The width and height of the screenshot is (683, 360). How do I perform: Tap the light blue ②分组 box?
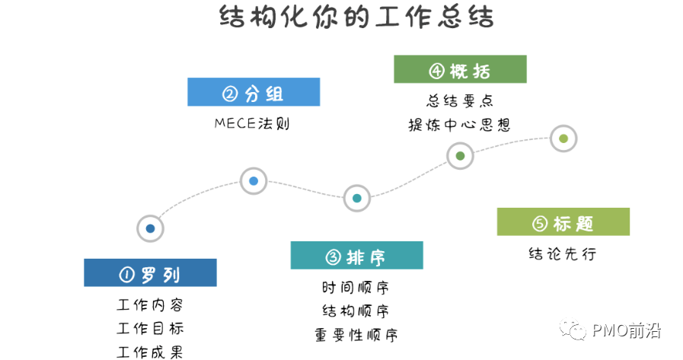click(x=254, y=93)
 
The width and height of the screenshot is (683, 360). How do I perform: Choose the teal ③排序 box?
click(x=356, y=256)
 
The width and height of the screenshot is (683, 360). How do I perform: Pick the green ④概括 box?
click(x=460, y=70)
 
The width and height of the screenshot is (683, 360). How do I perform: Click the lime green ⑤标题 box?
click(x=563, y=222)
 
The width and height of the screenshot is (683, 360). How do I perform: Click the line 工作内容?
click(x=150, y=304)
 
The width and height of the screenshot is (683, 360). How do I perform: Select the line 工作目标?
click(x=150, y=328)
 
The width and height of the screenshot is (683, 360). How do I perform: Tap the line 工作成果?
click(x=150, y=352)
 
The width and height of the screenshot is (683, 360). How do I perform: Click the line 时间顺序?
click(x=356, y=287)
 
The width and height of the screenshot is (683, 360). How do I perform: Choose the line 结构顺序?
click(x=356, y=311)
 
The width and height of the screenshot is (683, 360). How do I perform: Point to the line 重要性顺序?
click(x=356, y=334)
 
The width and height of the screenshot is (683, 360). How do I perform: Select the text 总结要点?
click(x=459, y=100)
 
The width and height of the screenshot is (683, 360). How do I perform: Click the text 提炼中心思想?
click(x=459, y=125)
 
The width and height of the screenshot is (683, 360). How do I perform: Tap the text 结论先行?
click(x=563, y=253)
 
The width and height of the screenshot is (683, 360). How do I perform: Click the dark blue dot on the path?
click(x=150, y=228)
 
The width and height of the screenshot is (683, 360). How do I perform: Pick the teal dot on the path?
click(x=356, y=198)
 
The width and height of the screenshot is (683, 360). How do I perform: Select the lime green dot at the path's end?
click(x=563, y=139)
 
